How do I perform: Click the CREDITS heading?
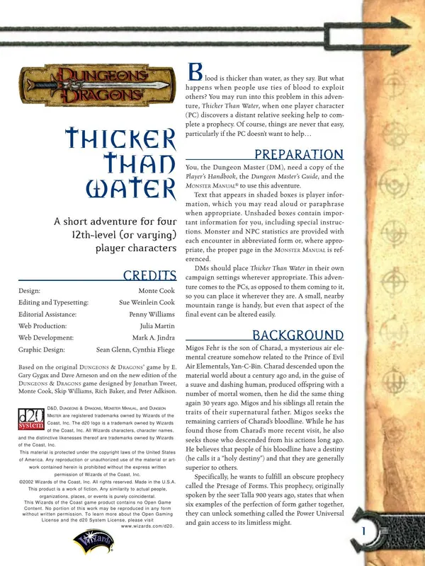click(149, 275)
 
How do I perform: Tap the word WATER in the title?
click(130, 189)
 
